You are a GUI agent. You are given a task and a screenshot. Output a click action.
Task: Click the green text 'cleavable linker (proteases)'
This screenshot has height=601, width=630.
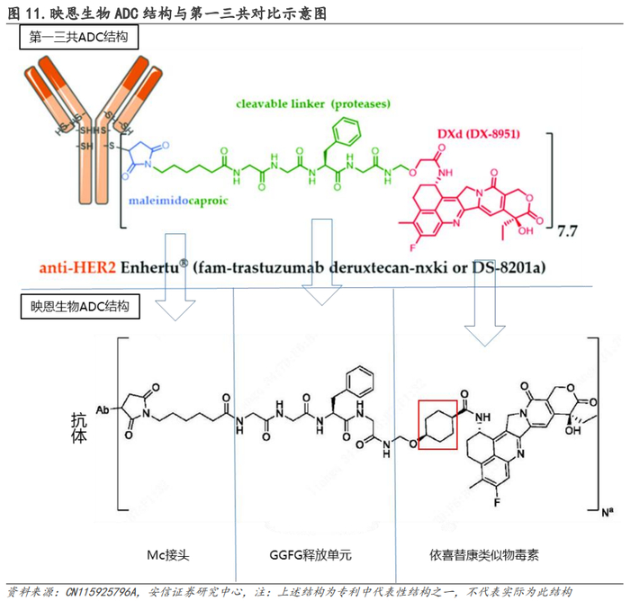click(313, 104)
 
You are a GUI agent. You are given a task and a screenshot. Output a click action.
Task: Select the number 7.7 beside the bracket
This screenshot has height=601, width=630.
click(567, 231)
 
